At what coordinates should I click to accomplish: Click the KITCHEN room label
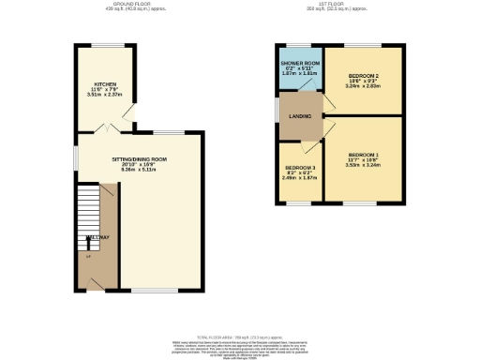104,83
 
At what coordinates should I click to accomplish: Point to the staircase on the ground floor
87,206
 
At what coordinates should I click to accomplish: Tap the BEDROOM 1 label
363,154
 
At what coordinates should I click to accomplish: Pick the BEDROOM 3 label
300,168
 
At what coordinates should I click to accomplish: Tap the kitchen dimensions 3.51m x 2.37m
104,95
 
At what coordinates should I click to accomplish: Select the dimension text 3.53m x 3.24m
363,165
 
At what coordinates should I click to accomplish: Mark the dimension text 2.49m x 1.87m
300,179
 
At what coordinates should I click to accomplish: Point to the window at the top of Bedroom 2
361,45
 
